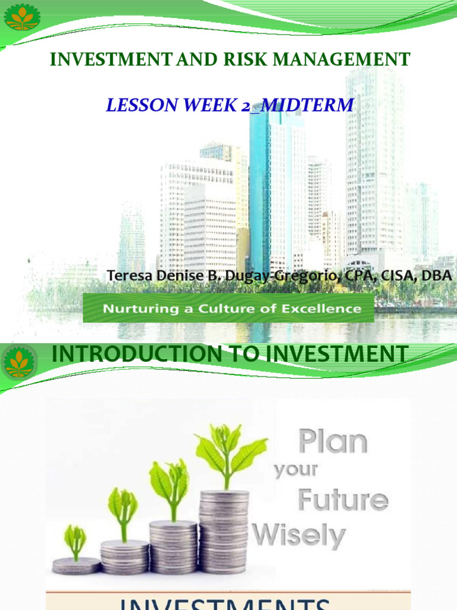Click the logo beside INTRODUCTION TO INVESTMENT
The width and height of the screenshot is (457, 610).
pyautogui.click(x=18, y=363)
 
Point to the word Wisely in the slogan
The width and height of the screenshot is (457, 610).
pyautogui.click(x=299, y=532)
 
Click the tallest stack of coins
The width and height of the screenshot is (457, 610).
pyautogui.click(x=224, y=530)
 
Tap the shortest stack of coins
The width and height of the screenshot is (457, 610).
pyautogui.click(x=76, y=565)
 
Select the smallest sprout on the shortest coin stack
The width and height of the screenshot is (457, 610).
pyautogui.click(x=76, y=540)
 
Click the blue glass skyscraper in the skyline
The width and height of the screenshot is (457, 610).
pyautogui.click(x=259, y=191)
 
